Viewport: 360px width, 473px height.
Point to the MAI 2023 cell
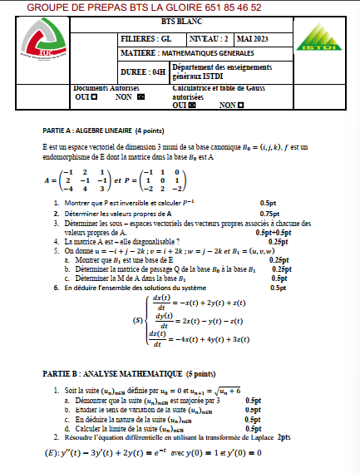pyautogui.click(x=254, y=39)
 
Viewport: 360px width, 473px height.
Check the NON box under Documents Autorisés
pyautogui.click(x=141, y=96)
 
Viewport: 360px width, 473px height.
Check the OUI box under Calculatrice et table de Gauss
pyautogui.click(x=192, y=106)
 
